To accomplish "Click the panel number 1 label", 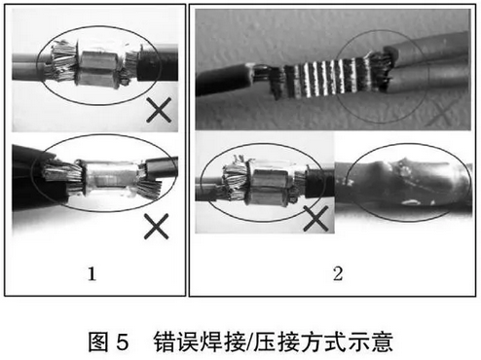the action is pyautogui.click(x=92, y=273).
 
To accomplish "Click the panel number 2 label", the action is pyautogui.click(x=338, y=273).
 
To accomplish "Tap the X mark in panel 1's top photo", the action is pyautogui.click(x=159, y=110).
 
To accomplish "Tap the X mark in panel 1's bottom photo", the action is pyautogui.click(x=157, y=226).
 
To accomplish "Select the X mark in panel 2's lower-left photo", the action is pyautogui.click(x=315, y=218).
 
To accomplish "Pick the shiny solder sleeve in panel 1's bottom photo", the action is pyautogui.click(x=110, y=178).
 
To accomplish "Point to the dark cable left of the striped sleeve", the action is pyautogui.click(x=224, y=80).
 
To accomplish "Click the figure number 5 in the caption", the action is pyautogui.click(x=123, y=342).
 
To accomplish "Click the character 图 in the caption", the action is pyautogui.click(x=97, y=342).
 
